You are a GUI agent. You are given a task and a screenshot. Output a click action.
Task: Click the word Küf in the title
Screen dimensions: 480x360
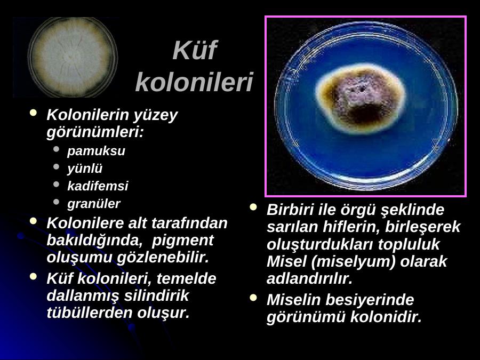click(x=195, y=50)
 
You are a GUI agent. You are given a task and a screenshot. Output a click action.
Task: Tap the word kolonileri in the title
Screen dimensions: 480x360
click(x=194, y=82)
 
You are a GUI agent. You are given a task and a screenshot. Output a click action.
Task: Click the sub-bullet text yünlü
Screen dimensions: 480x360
click(x=85, y=169)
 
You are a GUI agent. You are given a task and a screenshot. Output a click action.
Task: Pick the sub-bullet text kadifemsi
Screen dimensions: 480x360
click(x=98, y=186)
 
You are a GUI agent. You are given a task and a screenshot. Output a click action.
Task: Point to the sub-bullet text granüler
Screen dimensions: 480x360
click(x=94, y=204)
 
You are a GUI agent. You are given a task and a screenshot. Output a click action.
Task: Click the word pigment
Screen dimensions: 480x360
click(x=182, y=241)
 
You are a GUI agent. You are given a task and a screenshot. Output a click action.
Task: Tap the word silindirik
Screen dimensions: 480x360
click(x=156, y=295)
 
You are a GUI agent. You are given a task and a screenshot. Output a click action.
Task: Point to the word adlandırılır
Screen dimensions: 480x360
click(x=309, y=278)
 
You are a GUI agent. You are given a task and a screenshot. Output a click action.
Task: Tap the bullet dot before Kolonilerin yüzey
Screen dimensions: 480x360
click(x=34, y=113)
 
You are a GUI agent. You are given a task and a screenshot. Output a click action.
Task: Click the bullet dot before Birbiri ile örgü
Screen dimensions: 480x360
click(x=253, y=207)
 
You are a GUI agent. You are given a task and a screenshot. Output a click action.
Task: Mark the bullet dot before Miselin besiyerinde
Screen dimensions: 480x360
click(x=253, y=297)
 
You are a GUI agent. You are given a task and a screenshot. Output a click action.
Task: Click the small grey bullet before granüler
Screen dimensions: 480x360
click(x=56, y=202)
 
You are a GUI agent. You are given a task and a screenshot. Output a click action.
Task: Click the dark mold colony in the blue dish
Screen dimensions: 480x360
click(x=361, y=99)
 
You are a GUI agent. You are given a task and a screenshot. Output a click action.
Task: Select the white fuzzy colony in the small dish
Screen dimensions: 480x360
click(x=72, y=58)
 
